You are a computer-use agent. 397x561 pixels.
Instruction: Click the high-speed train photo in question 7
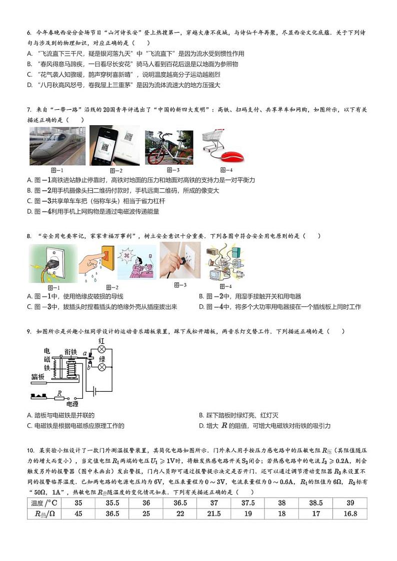[57, 145]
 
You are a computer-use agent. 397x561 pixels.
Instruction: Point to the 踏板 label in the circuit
[38, 376]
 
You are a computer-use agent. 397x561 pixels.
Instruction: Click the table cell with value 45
[78, 514]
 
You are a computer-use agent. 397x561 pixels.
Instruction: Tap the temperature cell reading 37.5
[248, 503]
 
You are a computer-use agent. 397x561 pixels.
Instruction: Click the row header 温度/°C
[44, 503]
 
